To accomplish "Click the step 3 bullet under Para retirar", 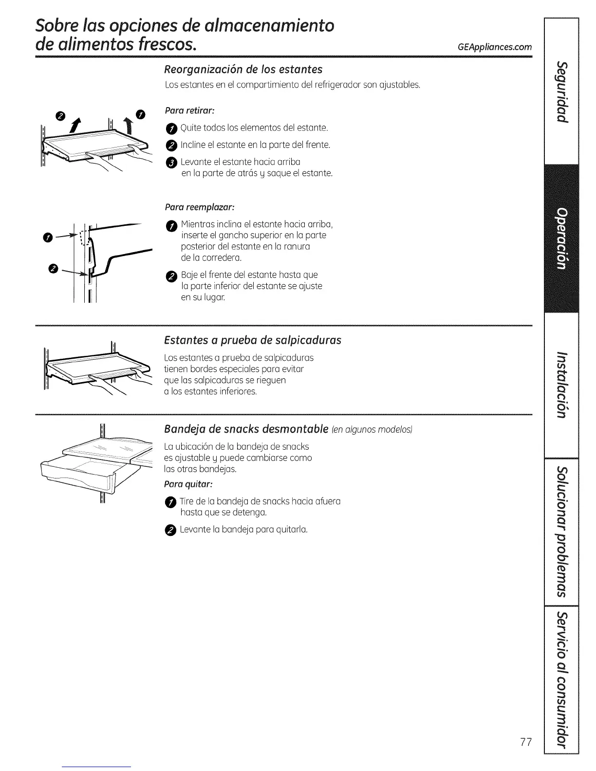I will point(170,163).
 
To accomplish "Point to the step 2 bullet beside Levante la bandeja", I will point(170,530).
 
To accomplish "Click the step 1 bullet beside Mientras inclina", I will point(170,225).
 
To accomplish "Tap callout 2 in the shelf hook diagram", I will point(53,269).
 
